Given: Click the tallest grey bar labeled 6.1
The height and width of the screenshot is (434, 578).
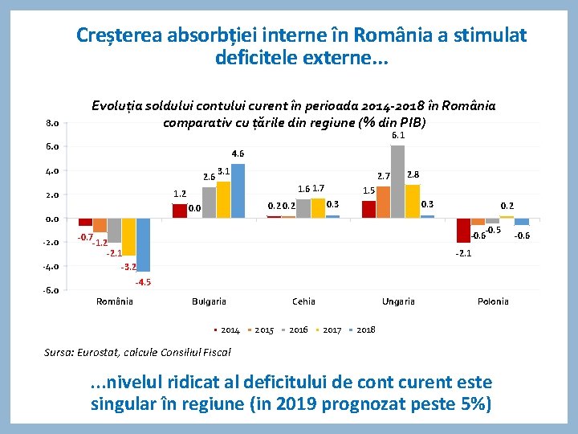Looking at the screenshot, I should pyautogui.click(x=397, y=182).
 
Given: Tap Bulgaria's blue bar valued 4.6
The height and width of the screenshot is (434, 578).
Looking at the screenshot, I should pyautogui.click(x=238, y=190).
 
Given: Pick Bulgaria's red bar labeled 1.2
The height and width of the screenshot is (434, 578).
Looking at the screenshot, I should pyautogui.click(x=179, y=211).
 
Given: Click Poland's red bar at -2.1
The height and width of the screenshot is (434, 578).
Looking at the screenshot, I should pyautogui.click(x=463, y=230).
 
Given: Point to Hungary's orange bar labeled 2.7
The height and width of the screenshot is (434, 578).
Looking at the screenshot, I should pyautogui.click(x=383, y=202).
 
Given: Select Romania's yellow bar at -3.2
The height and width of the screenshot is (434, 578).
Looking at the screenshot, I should pyautogui.click(x=128, y=237).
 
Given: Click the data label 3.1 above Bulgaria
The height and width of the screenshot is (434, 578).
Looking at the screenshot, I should pyautogui.click(x=224, y=171).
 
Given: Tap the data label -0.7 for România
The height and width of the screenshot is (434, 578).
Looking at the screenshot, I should pyautogui.click(x=84, y=238).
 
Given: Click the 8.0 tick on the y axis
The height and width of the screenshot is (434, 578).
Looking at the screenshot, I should pyautogui.click(x=51, y=123).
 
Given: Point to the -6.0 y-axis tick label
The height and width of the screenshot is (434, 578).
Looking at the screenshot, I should pyautogui.click(x=51, y=290).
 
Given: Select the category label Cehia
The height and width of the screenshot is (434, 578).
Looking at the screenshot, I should pyautogui.click(x=303, y=301).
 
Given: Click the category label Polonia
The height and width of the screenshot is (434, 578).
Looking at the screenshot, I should pyautogui.click(x=493, y=301).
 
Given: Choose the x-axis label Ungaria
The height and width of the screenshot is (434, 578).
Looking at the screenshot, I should pyautogui.click(x=398, y=301).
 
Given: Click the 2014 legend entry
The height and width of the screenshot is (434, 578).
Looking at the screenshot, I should pyautogui.click(x=230, y=330).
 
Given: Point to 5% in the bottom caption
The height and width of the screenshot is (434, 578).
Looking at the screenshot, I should pyautogui.click(x=469, y=403).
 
